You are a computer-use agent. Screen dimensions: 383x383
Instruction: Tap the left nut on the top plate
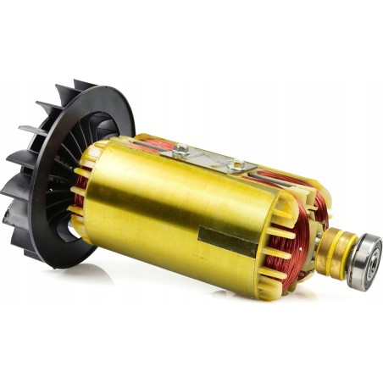180,151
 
